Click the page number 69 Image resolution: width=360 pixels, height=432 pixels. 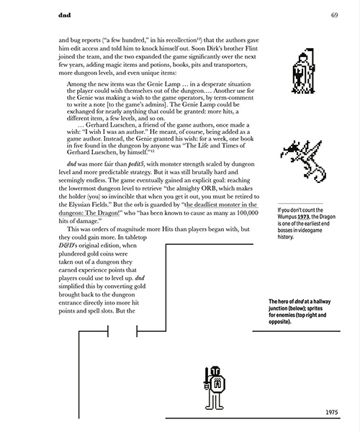tap(336, 15)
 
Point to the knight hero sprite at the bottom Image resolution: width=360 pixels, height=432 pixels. tap(213, 385)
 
